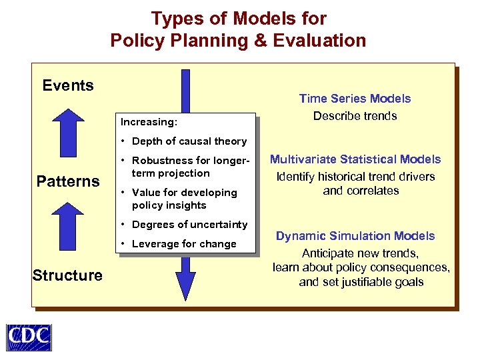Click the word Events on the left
click(68, 85)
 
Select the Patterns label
click(68, 181)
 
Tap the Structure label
click(67, 275)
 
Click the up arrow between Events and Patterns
click(68, 133)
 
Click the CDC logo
click(29, 337)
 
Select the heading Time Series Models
click(355, 99)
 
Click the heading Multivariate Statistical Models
click(355, 159)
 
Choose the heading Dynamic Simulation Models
click(355, 236)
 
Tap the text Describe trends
click(355, 116)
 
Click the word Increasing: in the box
click(149, 123)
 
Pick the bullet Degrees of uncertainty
click(189, 225)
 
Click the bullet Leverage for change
click(184, 244)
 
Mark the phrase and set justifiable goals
click(361, 281)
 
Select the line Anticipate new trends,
click(360, 253)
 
